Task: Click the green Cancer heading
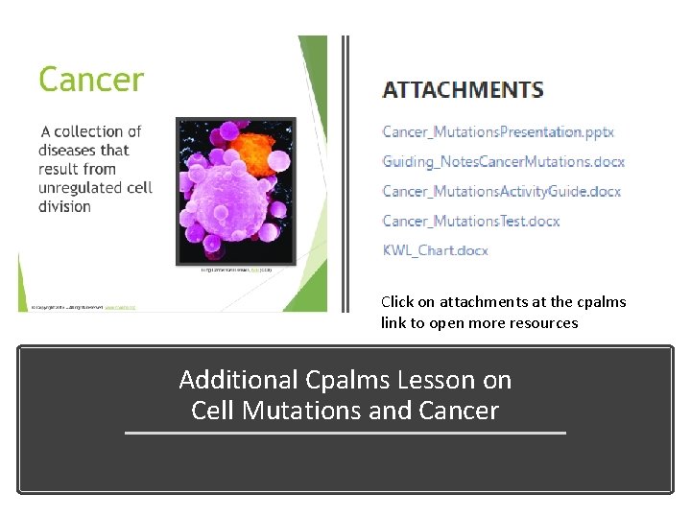pyautogui.click(x=90, y=79)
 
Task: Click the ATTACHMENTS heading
pyautogui.click(x=463, y=90)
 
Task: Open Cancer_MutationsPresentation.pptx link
pyautogui.click(x=497, y=131)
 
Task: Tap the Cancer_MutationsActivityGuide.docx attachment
pyautogui.click(x=501, y=191)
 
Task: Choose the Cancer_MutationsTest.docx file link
pyautogui.click(x=470, y=221)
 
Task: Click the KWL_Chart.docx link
pyautogui.click(x=435, y=250)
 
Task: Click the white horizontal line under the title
pyautogui.click(x=345, y=434)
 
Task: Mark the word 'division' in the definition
pyautogui.click(x=64, y=206)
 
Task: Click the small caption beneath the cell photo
pyautogui.click(x=237, y=271)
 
